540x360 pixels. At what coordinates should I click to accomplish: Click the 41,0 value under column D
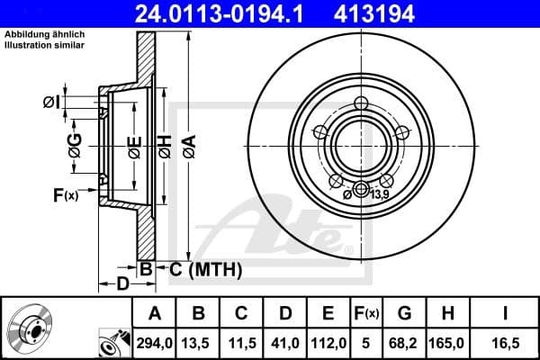287,342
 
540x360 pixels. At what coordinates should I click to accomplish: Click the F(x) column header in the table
367,314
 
